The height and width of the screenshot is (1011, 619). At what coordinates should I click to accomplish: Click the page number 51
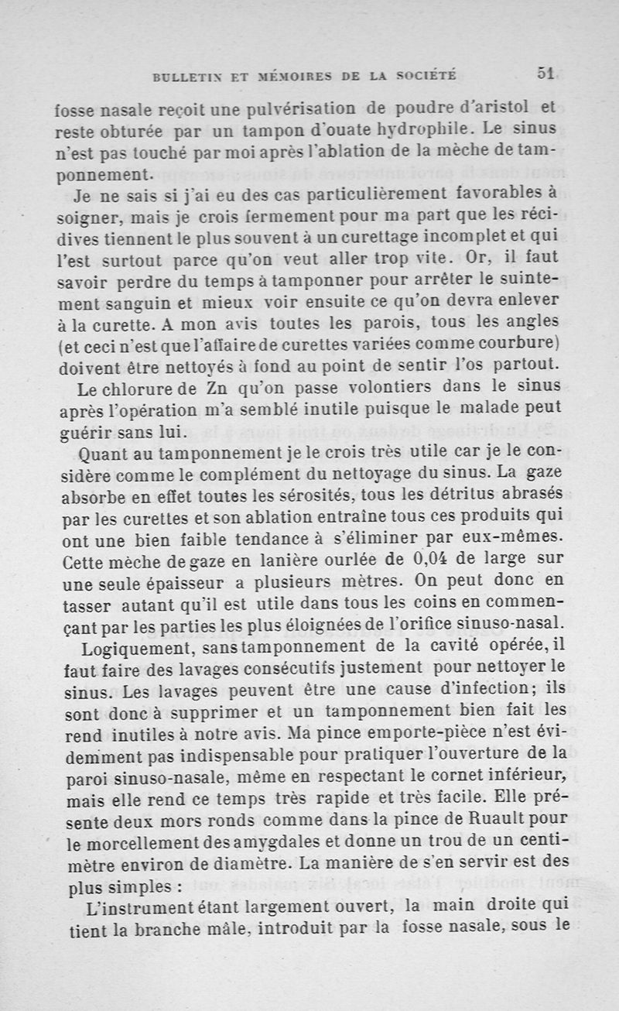click(x=546, y=73)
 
